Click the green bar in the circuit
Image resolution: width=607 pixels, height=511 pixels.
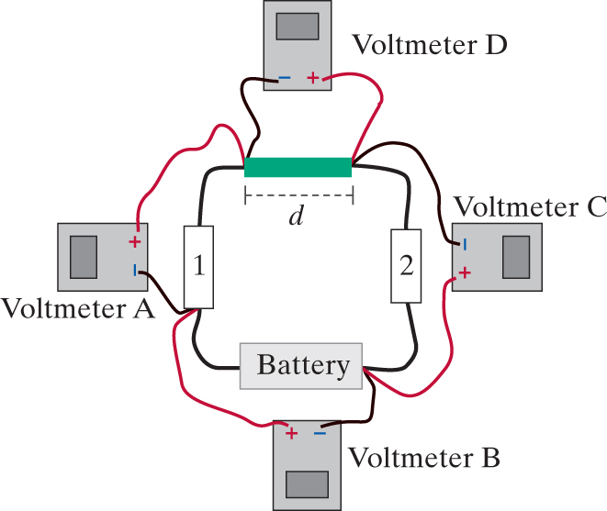tap(298, 167)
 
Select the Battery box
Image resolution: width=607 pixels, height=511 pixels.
tap(303, 366)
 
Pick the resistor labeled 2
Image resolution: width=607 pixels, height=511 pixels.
tap(406, 266)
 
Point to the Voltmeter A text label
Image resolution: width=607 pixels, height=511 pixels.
tap(78, 308)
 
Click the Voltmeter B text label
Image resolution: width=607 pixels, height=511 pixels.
tap(424, 456)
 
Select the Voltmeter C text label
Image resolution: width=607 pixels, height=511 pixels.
tap(531, 206)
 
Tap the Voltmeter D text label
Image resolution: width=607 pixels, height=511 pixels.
tap(428, 43)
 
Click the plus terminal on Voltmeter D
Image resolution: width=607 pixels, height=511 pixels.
tap(313, 78)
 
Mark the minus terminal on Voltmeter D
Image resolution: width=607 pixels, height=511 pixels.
tap(284, 78)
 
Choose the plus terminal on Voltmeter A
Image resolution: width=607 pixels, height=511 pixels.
tap(135, 243)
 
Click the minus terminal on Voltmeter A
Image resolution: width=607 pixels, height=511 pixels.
tap(135, 270)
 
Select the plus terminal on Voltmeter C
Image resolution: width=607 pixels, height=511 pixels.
tap(466, 272)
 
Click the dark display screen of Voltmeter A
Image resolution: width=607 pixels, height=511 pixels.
tap(84, 256)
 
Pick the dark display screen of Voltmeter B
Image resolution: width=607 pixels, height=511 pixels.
tap(307, 483)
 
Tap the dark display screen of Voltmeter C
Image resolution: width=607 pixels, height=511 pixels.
tap(516, 257)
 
